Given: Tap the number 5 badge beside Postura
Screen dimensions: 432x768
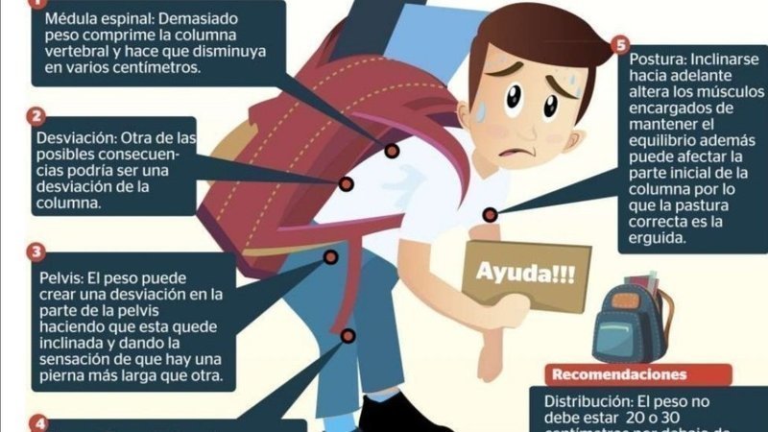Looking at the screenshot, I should click(x=621, y=45).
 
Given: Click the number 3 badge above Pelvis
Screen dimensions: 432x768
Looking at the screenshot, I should click(x=36, y=252).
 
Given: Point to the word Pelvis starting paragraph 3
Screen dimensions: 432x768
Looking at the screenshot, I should click(x=60, y=276).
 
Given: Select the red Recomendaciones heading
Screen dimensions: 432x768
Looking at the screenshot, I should click(x=619, y=373).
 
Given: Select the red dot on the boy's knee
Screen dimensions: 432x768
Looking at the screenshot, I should click(x=348, y=336).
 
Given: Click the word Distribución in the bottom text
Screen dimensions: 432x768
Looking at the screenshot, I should click(x=585, y=400).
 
